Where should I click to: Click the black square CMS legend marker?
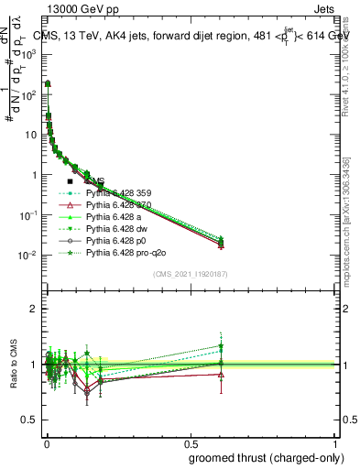(x=70, y=181)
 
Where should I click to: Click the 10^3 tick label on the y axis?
(x=27, y=54)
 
